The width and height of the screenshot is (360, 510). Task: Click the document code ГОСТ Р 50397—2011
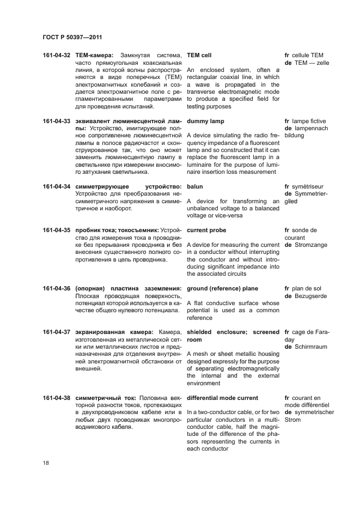72,37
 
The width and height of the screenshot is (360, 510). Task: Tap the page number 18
46,463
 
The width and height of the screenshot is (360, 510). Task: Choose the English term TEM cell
199,55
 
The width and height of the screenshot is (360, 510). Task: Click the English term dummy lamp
205,121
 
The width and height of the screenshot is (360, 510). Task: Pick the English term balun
194,186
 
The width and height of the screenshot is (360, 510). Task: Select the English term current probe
208,230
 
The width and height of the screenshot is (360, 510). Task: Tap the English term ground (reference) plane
222,288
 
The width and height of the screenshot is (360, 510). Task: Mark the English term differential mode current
222,398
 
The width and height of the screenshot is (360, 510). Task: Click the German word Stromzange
311,245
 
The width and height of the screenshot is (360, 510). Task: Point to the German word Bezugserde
312,296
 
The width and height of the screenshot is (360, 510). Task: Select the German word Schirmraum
312,347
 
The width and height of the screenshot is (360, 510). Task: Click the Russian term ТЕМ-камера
94,55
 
